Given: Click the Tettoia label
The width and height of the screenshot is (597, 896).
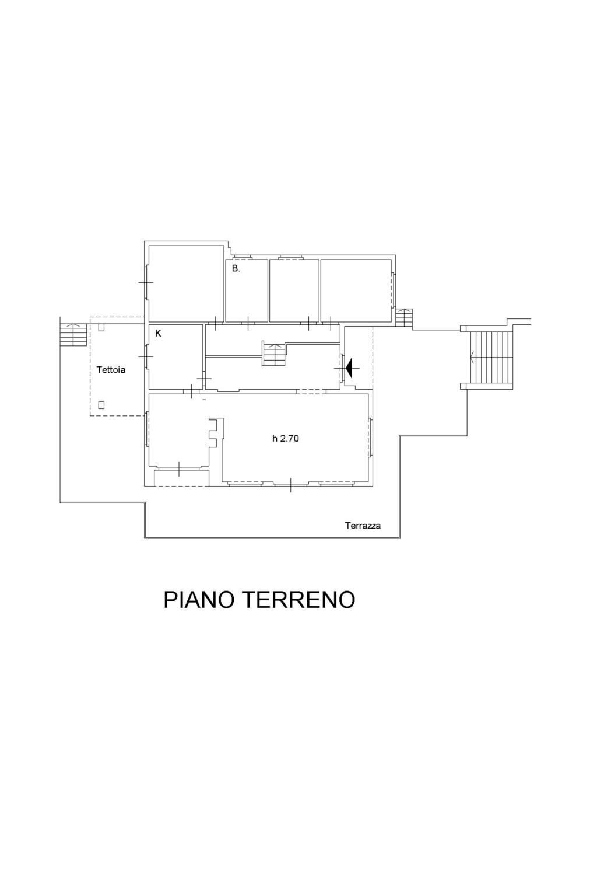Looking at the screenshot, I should click(x=111, y=369).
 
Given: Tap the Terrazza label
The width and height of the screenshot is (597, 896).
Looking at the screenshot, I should click(x=363, y=525).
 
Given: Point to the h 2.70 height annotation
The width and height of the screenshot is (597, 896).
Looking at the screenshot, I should click(x=286, y=439).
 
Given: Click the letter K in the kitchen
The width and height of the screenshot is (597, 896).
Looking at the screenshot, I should click(x=158, y=334).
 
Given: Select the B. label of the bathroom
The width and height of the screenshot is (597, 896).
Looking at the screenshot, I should click(x=236, y=269).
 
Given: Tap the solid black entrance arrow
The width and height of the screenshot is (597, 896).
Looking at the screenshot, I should click(x=351, y=367).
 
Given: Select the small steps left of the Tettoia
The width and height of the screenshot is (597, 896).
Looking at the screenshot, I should click(x=73, y=335).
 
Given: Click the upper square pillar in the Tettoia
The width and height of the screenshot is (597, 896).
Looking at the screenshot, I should click(x=101, y=327).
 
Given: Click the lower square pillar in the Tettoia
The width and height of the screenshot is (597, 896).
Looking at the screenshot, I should click(x=101, y=404).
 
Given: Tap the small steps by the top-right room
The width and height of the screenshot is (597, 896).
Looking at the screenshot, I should click(x=404, y=318).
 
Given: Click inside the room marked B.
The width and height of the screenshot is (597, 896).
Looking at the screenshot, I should click(x=247, y=295).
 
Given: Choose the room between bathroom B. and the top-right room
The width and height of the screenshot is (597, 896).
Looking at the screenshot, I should click(x=294, y=290).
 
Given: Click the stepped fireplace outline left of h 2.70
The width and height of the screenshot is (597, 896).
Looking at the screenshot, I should click(x=216, y=432).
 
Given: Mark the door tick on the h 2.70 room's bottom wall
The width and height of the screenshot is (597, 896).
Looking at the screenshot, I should click(x=291, y=485).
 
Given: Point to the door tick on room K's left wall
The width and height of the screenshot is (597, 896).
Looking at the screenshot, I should click(x=146, y=356).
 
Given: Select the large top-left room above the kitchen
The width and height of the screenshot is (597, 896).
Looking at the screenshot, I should click(x=186, y=282).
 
